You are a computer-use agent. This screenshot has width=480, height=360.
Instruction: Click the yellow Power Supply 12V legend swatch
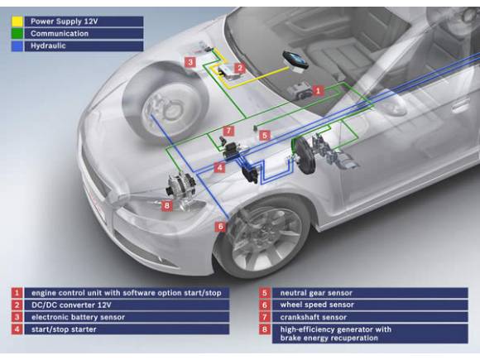click(x=17, y=22)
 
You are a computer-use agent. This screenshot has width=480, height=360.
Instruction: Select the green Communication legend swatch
click(x=17, y=34)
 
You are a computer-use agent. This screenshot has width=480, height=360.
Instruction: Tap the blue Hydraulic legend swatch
click(x=17, y=46)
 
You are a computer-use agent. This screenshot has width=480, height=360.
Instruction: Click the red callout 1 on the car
click(x=318, y=91)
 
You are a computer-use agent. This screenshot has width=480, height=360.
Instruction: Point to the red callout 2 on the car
click(x=240, y=68)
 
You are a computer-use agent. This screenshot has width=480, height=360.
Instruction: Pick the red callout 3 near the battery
click(x=190, y=62)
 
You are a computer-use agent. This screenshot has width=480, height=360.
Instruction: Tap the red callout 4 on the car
click(x=220, y=167)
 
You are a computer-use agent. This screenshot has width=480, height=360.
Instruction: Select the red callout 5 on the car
click(x=265, y=135)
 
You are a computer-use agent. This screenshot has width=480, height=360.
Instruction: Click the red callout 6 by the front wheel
click(x=220, y=227)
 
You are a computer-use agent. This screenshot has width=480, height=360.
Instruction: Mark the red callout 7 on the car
click(x=228, y=131)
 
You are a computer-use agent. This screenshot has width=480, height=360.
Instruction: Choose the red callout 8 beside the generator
click(x=167, y=205)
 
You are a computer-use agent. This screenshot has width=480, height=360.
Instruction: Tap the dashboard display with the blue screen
click(x=295, y=61)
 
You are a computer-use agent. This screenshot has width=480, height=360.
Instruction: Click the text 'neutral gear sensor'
click(x=316, y=293)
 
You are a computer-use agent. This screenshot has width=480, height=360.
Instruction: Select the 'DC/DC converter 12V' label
click(x=71, y=305)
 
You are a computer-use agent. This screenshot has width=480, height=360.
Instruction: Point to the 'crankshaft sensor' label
click(x=314, y=317)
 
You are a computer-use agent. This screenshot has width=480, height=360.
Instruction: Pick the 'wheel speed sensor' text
click(x=317, y=305)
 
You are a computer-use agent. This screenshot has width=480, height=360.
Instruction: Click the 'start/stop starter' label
click(x=64, y=329)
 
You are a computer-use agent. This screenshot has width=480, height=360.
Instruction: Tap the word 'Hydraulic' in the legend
click(x=48, y=46)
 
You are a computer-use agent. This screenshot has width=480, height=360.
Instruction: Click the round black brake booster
click(x=304, y=156)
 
